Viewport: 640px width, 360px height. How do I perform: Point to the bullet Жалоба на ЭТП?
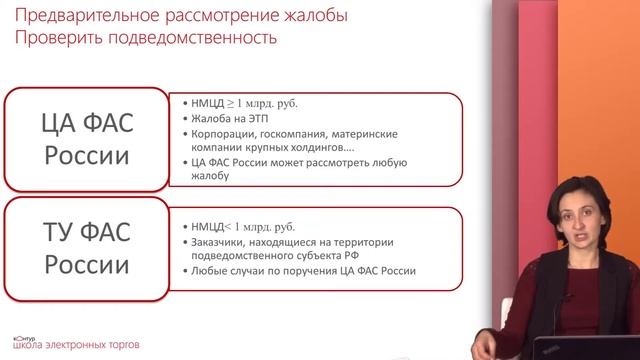click(x=226, y=118)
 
